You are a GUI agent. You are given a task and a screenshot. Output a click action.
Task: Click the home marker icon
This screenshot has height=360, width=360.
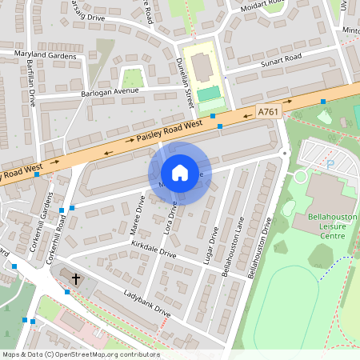point(180,173)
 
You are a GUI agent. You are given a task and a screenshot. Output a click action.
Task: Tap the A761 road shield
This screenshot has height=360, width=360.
point(268,113)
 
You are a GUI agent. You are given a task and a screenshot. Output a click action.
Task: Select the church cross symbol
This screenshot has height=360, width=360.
point(77,279)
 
